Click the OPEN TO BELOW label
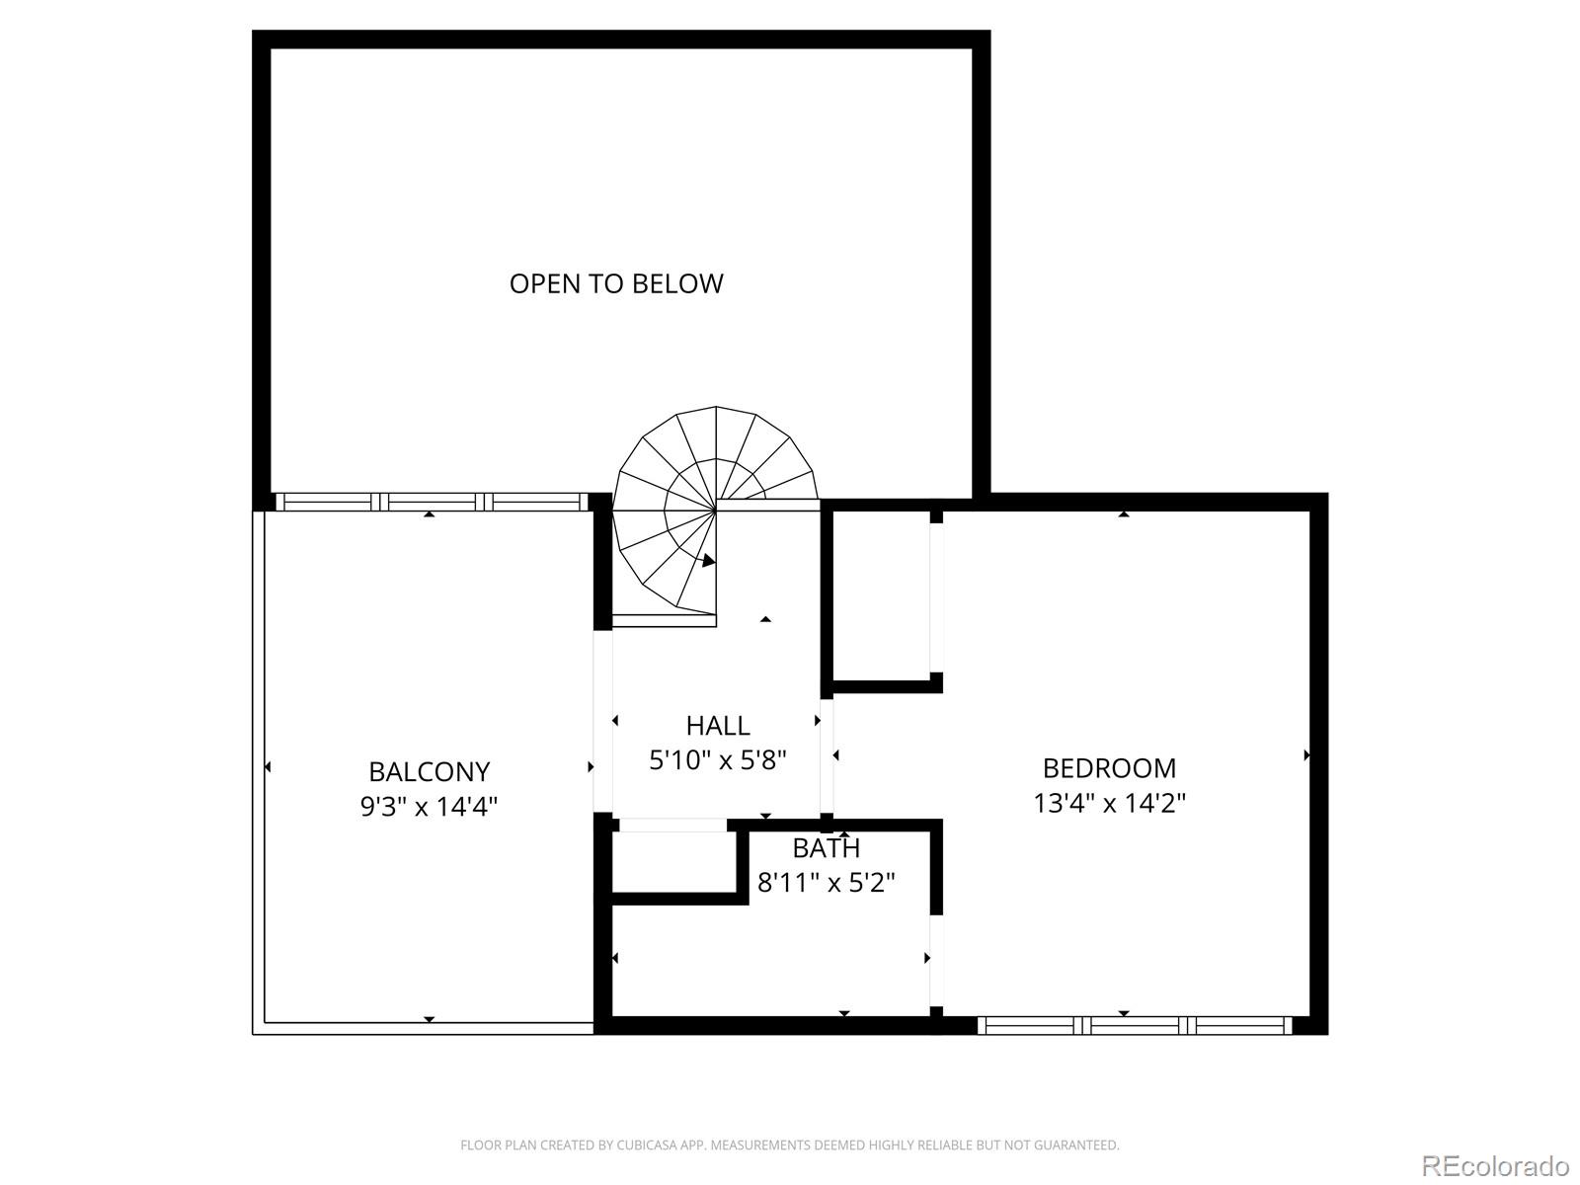(616, 283)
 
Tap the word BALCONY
(429, 771)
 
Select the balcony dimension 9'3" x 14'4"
(429, 807)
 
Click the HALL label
(718, 726)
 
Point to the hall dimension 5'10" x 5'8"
(718, 760)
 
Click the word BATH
(827, 848)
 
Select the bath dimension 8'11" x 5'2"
(827, 883)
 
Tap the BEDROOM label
(1109, 768)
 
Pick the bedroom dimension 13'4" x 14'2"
(1109, 803)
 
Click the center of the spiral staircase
(716, 510)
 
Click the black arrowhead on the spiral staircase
(708, 561)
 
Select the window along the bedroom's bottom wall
(1135, 1025)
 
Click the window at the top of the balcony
(431, 502)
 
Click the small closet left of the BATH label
(674, 863)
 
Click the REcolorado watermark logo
(1495, 1164)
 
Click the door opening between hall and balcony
(602, 721)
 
